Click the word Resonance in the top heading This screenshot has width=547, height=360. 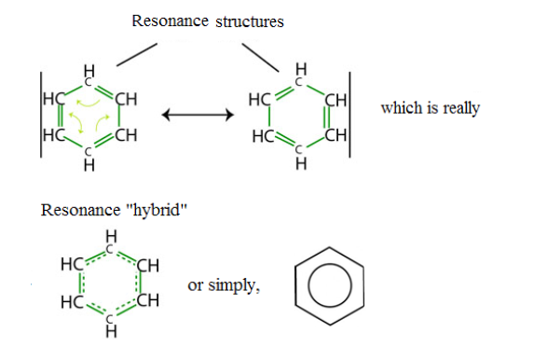click(171, 21)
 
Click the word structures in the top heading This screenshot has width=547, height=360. click(250, 21)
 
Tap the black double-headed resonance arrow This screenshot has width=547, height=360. click(198, 115)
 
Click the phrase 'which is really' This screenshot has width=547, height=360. click(431, 108)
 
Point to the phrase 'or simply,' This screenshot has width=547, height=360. click(224, 285)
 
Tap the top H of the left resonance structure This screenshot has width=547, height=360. click(89, 71)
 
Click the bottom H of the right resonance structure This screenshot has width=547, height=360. click(301, 163)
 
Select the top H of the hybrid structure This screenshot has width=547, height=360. click(111, 236)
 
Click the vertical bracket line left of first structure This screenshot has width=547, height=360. click(41, 115)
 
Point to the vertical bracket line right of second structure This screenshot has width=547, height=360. click(349, 115)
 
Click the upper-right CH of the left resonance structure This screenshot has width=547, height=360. click(127, 99)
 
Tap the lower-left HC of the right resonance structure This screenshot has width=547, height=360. click(264, 136)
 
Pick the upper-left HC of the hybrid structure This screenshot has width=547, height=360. click(72, 264)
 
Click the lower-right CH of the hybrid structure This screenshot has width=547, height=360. click(148, 300)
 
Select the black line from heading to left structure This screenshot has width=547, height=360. click(137, 54)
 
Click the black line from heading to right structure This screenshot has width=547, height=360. click(261, 58)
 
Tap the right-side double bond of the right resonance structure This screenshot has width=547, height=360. click(327, 118)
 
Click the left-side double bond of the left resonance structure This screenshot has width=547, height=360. click(60, 116)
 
